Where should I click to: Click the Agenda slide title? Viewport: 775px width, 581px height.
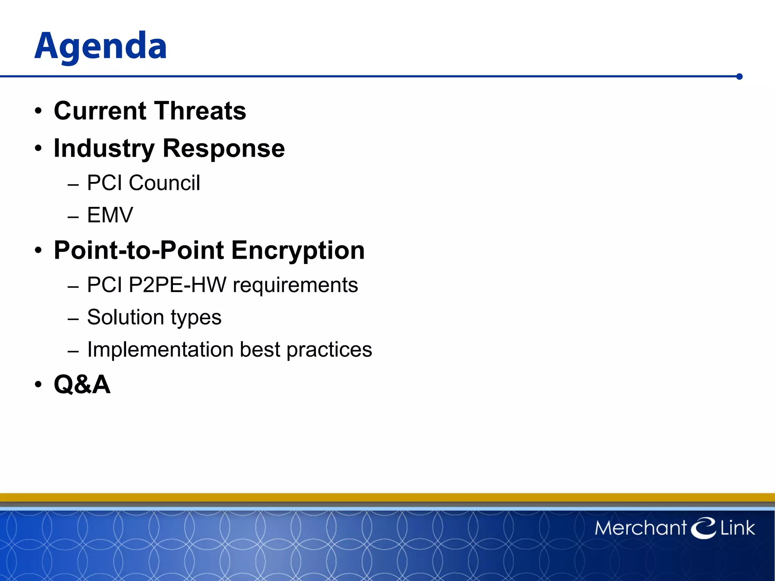[x=101, y=46]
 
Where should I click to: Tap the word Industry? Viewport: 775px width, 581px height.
[x=104, y=149]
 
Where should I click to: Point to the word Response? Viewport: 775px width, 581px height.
[x=223, y=149]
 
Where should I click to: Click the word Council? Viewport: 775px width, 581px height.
[x=164, y=183]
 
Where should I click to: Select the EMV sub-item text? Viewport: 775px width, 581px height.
[x=110, y=215]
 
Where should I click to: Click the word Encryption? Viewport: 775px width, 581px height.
[x=298, y=250]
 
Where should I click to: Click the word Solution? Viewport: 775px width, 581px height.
[x=126, y=317]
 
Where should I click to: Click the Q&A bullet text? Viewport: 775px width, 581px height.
[x=82, y=385]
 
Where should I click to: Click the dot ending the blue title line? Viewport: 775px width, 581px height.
[x=739, y=77]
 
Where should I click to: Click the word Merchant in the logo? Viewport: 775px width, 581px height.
[x=640, y=528]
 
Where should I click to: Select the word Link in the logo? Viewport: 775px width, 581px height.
[x=737, y=528]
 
